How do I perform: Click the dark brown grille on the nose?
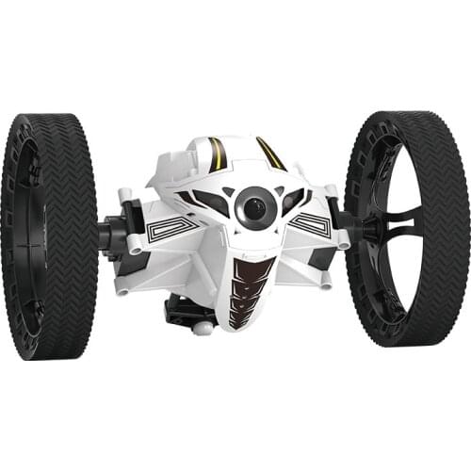click(x=250, y=292)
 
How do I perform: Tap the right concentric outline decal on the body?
click(x=312, y=224)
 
